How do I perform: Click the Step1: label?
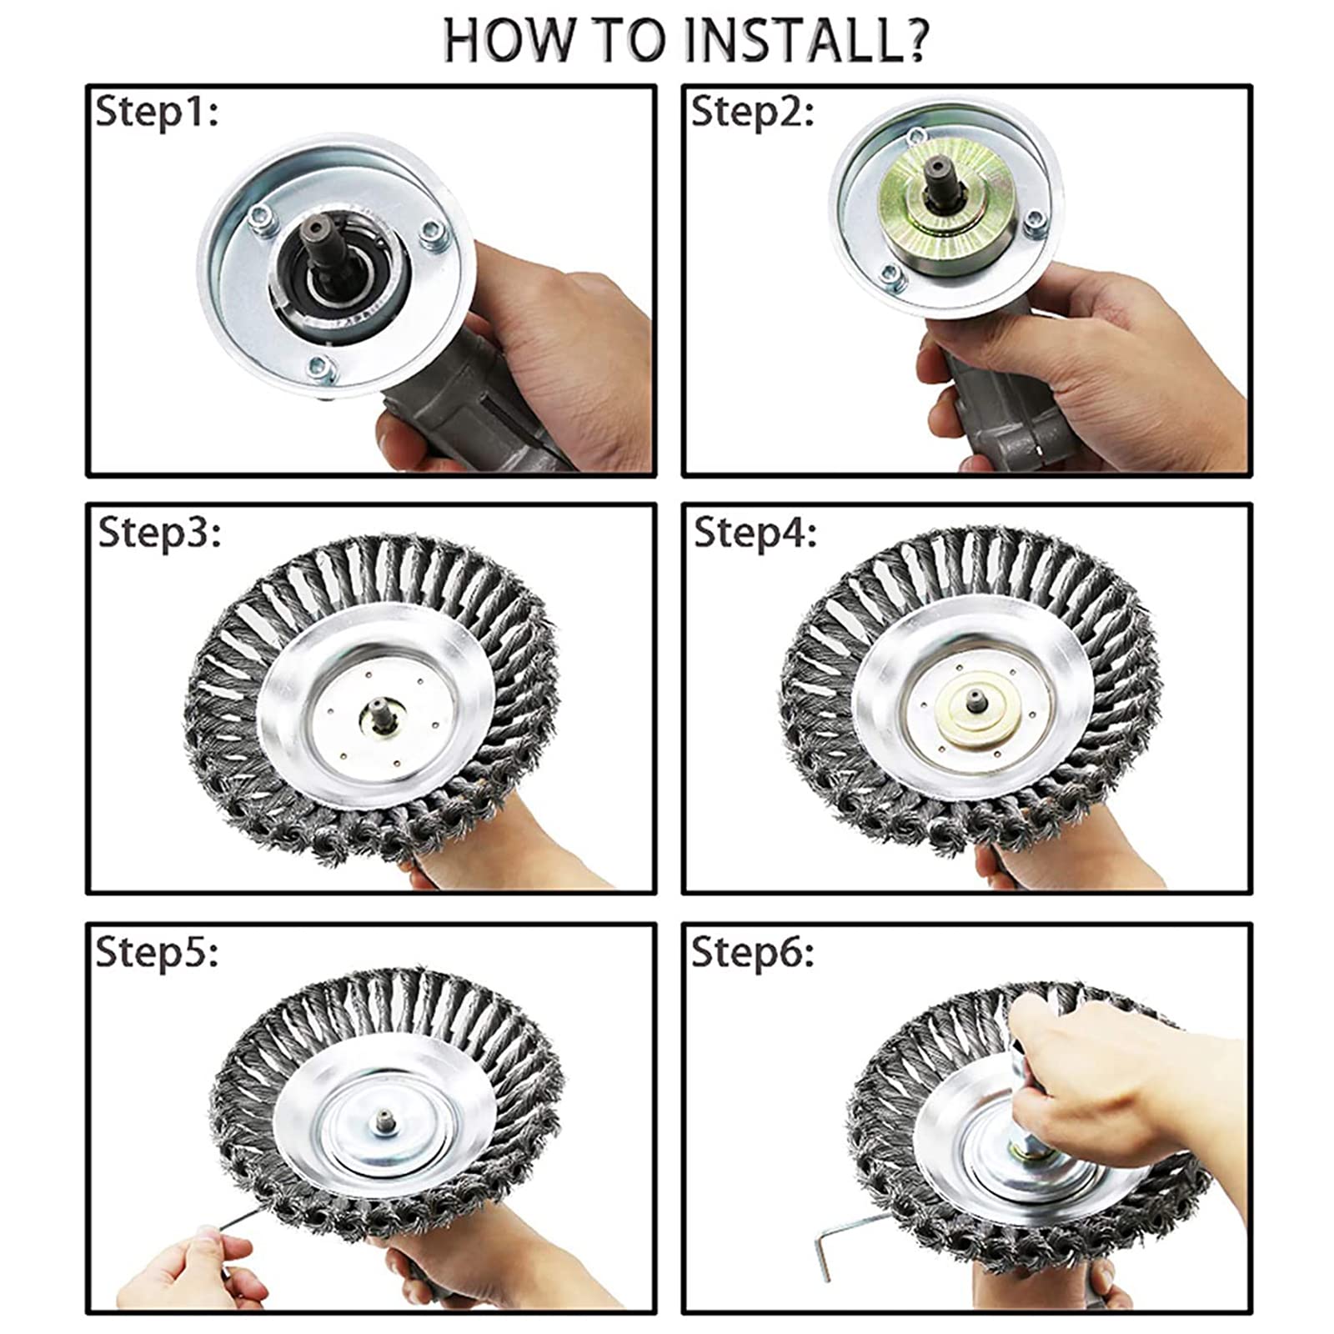tap(156, 112)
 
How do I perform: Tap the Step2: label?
tap(752, 112)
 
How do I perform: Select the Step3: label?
tap(159, 532)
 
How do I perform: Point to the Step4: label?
tap(755, 532)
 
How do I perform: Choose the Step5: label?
tap(157, 951)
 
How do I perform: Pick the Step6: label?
tap(752, 951)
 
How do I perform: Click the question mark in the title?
tap(915, 39)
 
